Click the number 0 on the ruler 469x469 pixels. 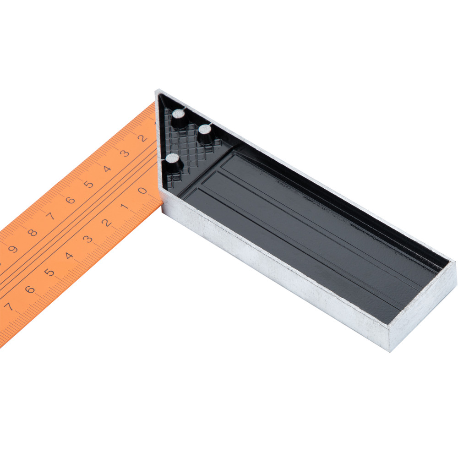click(143, 191)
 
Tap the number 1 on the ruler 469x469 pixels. click(125, 207)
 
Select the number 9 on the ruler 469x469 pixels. click(13, 249)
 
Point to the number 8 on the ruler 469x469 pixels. click(32, 232)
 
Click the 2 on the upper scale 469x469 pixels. click(142, 138)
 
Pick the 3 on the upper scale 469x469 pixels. click(124, 153)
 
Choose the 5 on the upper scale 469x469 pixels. click(88, 184)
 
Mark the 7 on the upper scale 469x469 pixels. click(50, 216)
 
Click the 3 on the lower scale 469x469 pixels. click(87, 239)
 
